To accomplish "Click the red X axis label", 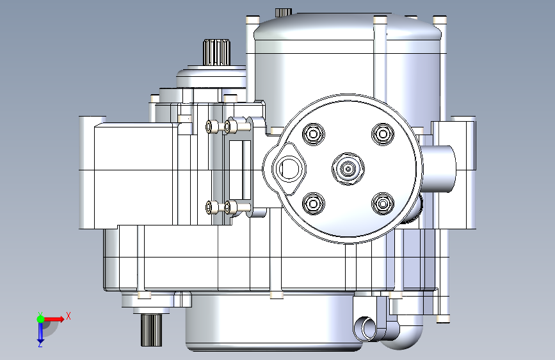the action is [68, 316].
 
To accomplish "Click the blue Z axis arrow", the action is [40, 332].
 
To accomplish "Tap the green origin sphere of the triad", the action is [41, 319].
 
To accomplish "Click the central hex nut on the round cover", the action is [348, 169].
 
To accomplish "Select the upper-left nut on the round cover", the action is [314, 135].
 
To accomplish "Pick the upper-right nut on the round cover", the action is [383, 135].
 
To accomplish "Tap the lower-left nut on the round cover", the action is [314, 204].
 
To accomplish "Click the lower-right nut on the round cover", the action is [383, 204].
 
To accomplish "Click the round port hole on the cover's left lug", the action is [289, 168].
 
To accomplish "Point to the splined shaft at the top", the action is [216, 53].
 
